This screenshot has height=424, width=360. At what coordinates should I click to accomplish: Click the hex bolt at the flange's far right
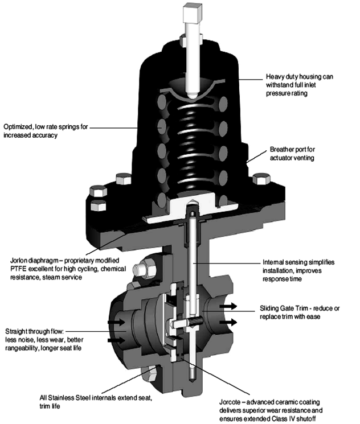(261, 180)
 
